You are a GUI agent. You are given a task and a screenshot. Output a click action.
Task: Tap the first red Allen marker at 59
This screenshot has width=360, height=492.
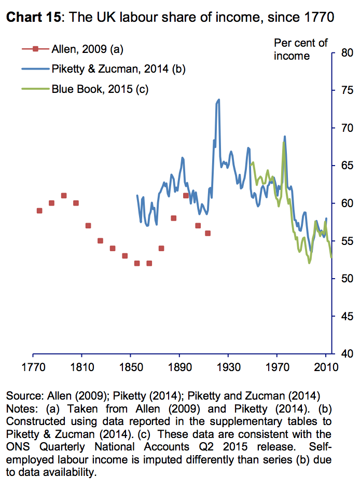[x=39, y=211]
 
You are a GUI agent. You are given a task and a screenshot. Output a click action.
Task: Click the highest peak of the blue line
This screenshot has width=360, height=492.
[x=219, y=100]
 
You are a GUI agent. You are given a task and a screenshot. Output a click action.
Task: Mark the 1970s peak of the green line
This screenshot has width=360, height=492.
[x=284, y=143]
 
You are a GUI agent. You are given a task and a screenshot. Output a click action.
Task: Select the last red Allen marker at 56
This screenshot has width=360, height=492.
[x=207, y=233]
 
